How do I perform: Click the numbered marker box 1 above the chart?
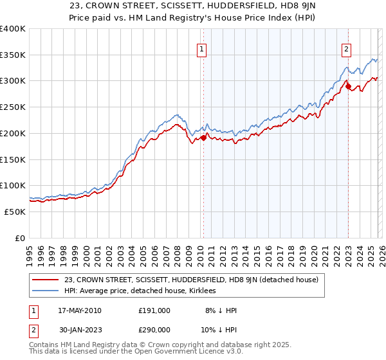pos(202,48)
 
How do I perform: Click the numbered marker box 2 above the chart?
pos(347,48)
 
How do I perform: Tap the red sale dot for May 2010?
pos(203,137)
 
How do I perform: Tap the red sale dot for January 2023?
pos(348,85)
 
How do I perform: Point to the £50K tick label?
pos(15,212)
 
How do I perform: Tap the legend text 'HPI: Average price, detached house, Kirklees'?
pos(140,291)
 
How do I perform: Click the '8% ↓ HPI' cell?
pos(221,310)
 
